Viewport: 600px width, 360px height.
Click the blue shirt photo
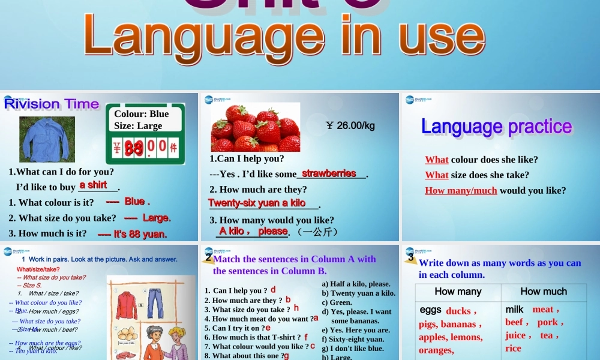47,139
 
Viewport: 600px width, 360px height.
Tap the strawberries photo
256,127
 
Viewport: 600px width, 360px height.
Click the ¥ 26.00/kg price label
350,125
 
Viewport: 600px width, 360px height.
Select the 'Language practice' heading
496,127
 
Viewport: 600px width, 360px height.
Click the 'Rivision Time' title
52,104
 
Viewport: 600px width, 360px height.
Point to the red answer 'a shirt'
93,185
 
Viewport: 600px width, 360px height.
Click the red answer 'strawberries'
329,173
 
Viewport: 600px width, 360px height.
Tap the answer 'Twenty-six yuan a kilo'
257,203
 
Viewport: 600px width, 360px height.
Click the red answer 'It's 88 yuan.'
132,234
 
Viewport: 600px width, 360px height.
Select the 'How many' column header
458,292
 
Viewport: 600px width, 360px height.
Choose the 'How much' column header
544,292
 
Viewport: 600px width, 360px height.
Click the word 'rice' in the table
513,348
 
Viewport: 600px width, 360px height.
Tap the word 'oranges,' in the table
436,350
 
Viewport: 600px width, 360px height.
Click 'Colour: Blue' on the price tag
142,114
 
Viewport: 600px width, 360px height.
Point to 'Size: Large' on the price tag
138,126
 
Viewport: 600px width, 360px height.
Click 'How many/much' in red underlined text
461,191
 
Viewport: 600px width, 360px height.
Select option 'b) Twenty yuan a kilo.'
359,293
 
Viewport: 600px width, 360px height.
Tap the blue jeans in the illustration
155,303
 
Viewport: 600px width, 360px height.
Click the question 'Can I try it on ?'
234,328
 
